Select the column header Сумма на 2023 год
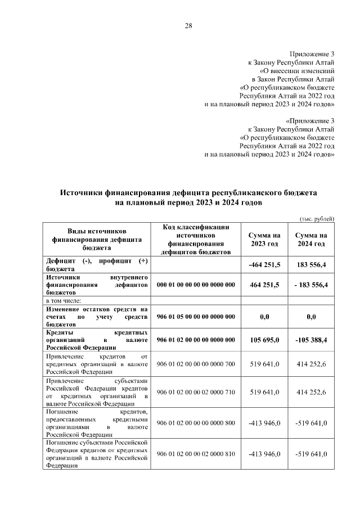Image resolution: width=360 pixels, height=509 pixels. click(264, 240)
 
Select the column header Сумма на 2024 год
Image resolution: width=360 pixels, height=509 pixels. click(311, 240)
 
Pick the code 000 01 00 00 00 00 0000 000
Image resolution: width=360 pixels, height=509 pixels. click(195, 285)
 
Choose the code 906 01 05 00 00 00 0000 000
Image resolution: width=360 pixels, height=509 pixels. click(195, 317)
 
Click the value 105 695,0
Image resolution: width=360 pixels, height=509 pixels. click(264, 340)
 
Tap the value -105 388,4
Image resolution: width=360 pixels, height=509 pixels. click(311, 340)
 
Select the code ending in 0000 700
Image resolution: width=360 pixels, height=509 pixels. click(195, 364)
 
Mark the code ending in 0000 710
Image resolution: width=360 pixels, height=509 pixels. click(195, 391)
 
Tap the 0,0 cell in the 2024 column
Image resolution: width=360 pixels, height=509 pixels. click(311, 317)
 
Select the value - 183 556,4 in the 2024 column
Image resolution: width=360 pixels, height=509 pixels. click(311, 285)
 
